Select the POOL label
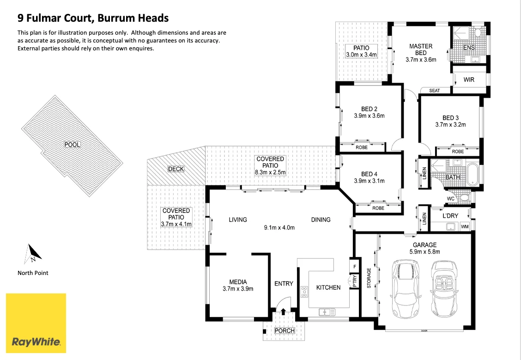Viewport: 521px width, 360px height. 72,145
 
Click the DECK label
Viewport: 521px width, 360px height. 176,169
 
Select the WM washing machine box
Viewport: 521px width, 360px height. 465,226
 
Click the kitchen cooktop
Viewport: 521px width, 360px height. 304,292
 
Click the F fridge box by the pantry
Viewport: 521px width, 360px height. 354,267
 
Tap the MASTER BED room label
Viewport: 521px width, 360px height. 421,49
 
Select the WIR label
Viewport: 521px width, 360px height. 469,80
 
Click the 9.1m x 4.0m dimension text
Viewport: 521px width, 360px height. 279,227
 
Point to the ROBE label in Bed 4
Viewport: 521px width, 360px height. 378,208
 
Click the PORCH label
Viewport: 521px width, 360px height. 285,331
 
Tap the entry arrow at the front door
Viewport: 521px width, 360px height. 284,312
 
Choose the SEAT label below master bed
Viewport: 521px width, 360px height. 434,91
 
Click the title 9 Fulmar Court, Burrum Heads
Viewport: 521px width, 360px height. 93,18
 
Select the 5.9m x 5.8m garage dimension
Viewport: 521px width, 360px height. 425,252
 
